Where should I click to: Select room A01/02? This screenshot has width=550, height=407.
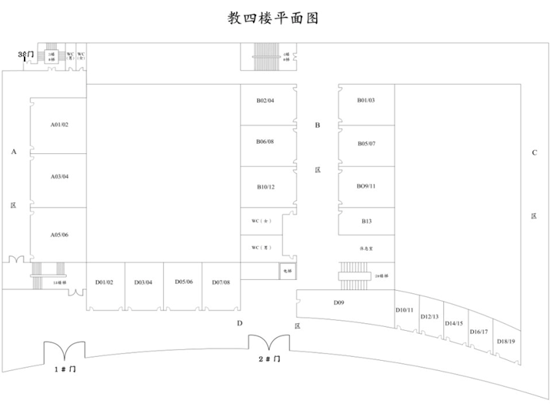(x=59, y=125)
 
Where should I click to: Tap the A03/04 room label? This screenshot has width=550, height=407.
(x=59, y=177)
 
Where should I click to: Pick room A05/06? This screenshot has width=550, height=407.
(x=59, y=235)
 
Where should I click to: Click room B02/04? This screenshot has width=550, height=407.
(x=265, y=101)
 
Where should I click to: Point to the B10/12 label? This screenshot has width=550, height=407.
(x=265, y=187)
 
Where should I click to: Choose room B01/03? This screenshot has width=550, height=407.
(x=365, y=101)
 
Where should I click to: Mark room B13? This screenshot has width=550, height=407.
(x=366, y=222)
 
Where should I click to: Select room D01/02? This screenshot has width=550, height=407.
(x=105, y=283)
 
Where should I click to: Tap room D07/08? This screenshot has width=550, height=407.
(x=221, y=283)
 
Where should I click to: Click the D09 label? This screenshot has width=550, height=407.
(x=338, y=303)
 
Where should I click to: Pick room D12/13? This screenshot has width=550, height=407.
(x=429, y=317)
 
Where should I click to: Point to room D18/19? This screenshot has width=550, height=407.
(x=505, y=341)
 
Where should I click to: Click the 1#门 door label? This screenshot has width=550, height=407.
(x=65, y=370)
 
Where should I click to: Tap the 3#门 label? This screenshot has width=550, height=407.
(x=25, y=54)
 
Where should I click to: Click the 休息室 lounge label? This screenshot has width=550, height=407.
(x=366, y=249)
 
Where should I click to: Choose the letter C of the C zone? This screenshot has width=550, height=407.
(x=534, y=152)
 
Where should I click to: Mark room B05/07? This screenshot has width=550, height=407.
(x=365, y=144)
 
